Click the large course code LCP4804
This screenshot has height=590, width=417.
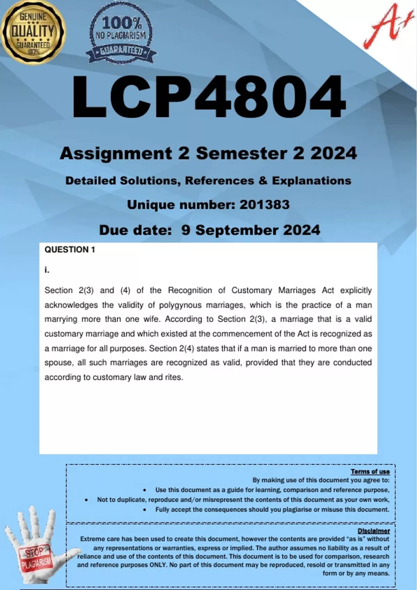click(x=208, y=98)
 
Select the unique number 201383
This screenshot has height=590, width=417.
click(x=264, y=205)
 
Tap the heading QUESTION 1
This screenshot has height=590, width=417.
click(x=69, y=250)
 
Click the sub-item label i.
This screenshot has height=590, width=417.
click(x=47, y=270)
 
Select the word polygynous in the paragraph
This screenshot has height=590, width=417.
click(x=180, y=305)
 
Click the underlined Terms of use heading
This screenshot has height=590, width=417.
click(x=370, y=471)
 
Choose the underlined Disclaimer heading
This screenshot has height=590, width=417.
click(x=374, y=531)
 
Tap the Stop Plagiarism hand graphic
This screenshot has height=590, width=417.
click(x=35, y=548)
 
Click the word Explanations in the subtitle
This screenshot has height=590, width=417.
click(x=311, y=180)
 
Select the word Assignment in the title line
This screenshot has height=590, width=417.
click(x=116, y=153)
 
